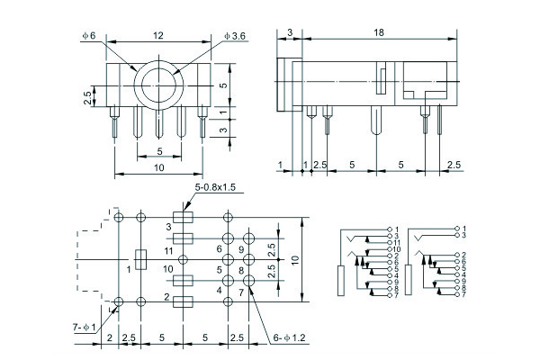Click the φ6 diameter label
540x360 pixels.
88,35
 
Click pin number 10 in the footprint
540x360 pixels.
167,268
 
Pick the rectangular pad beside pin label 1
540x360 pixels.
139,259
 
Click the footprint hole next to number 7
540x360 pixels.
248,281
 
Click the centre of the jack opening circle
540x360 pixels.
159,85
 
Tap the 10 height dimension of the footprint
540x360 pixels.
292,259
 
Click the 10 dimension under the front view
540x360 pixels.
158,167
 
